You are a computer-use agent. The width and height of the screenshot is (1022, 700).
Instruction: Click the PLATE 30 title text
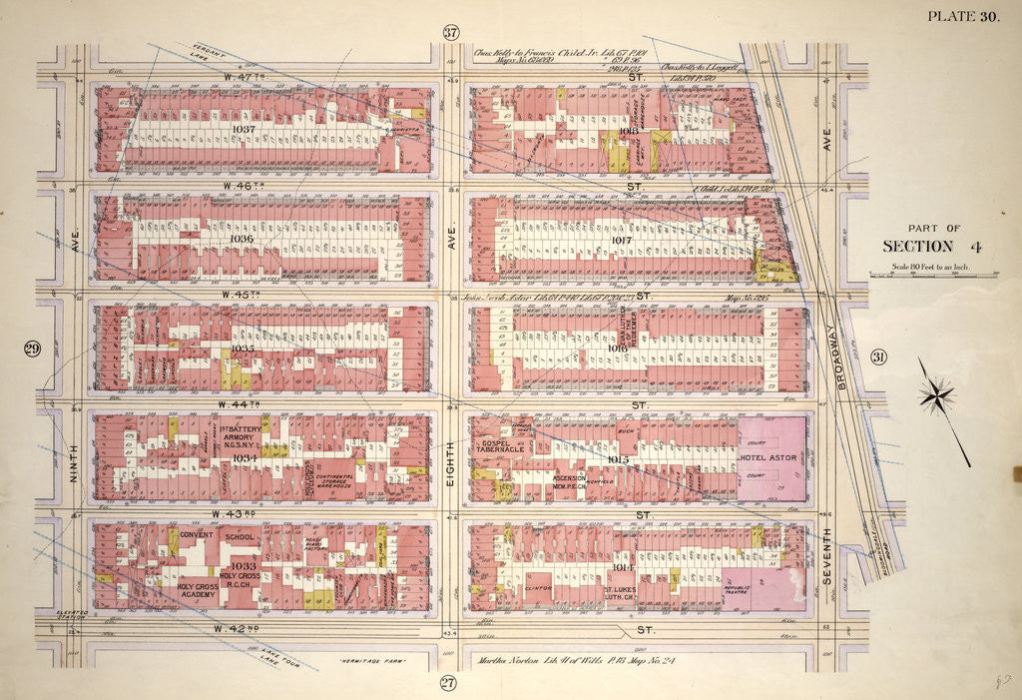[967, 15]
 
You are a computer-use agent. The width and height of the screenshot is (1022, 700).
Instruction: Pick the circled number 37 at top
[450, 32]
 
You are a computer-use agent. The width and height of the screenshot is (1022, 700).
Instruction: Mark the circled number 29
[31, 349]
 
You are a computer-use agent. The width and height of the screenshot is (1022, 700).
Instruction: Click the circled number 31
[878, 358]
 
